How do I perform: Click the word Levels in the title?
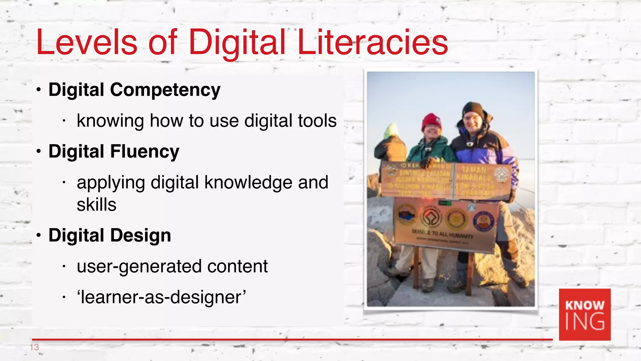pos(87,42)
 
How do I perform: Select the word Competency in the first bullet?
pos(165,90)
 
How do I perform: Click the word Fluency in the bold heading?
pos(145,152)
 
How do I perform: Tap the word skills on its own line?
pos(96,205)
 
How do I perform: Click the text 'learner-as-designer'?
pos(161,297)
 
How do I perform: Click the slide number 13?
pos(34,347)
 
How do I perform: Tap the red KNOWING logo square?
pos(585,314)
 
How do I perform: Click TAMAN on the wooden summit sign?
pos(474,170)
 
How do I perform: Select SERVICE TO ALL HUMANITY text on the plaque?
pos(442,233)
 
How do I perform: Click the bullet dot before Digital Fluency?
pos(38,152)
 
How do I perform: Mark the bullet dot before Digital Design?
pos(38,236)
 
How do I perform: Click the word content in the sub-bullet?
pos(237,267)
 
